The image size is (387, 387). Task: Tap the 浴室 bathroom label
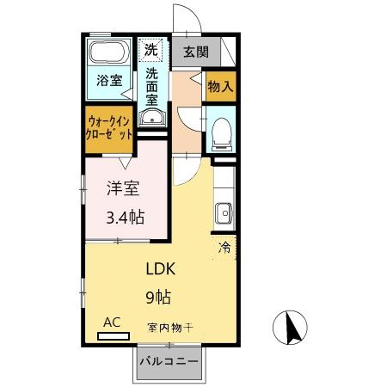click(x=108, y=82)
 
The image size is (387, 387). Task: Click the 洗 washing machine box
click(x=151, y=49)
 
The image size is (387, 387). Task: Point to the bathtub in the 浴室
click(x=109, y=52)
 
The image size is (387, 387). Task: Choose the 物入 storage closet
click(x=219, y=86)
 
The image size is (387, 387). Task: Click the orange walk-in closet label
click(x=108, y=127)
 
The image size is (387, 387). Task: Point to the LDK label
click(x=157, y=267)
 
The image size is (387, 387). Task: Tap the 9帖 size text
click(x=157, y=297)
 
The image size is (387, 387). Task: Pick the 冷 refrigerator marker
click(x=224, y=248)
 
